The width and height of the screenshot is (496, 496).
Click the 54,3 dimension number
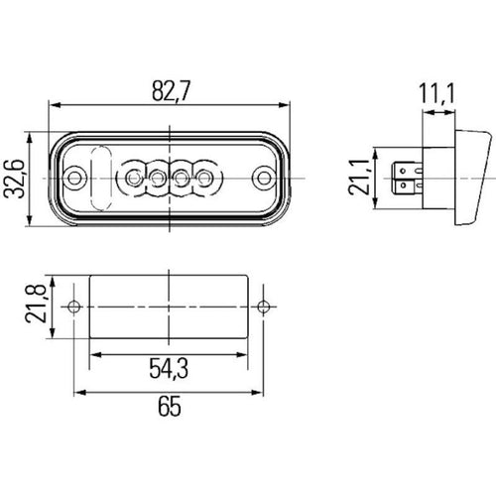(170, 369)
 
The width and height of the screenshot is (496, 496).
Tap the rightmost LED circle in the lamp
(205, 179)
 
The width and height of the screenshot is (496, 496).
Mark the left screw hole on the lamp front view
(76, 179)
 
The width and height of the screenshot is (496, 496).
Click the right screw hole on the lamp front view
(263, 179)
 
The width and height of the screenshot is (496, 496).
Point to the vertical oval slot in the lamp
(97, 179)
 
